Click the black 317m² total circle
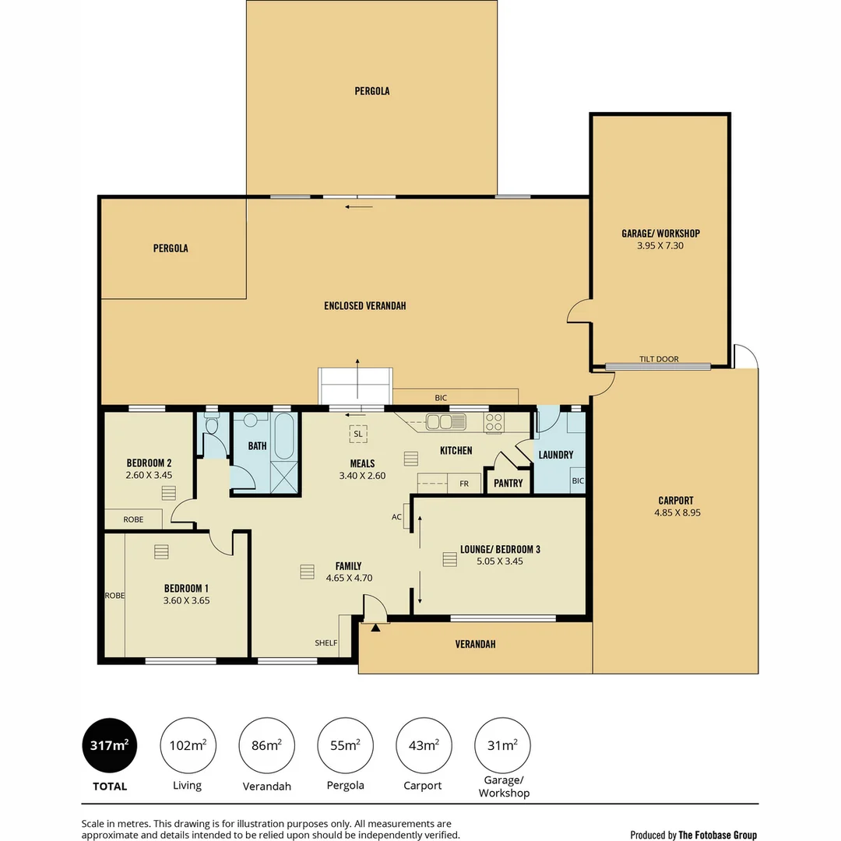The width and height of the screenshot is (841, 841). click(x=110, y=745)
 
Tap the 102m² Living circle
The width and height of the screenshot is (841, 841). click(x=188, y=745)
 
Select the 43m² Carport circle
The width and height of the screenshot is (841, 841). click(x=424, y=745)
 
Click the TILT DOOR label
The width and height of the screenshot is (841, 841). click(x=659, y=359)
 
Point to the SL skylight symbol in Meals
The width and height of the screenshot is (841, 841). click(x=358, y=434)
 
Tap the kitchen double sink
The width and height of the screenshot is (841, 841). click(x=445, y=422)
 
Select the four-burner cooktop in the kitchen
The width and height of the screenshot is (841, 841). click(x=494, y=422)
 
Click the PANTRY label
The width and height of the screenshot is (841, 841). click(x=508, y=484)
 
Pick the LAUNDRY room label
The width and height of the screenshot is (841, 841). click(x=556, y=455)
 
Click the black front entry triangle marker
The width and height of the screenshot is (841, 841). click(x=375, y=627)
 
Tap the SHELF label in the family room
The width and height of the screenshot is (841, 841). click(x=325, y=642)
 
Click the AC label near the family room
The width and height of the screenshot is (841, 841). click(x=396, y=517)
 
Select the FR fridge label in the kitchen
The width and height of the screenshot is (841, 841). click(x=464, y=484)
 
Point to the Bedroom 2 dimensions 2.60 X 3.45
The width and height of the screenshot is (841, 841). click(x=149, y=475)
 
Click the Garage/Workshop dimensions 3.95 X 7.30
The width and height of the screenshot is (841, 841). click(x=660, y=245)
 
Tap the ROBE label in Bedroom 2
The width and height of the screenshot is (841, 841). click(x=133, y=519)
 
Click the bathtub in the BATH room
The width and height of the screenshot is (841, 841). click(x=284, y=435)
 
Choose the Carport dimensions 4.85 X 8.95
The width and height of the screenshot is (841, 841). click(x=677, y=512)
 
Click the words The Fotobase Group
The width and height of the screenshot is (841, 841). click(x=718, y=835)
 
